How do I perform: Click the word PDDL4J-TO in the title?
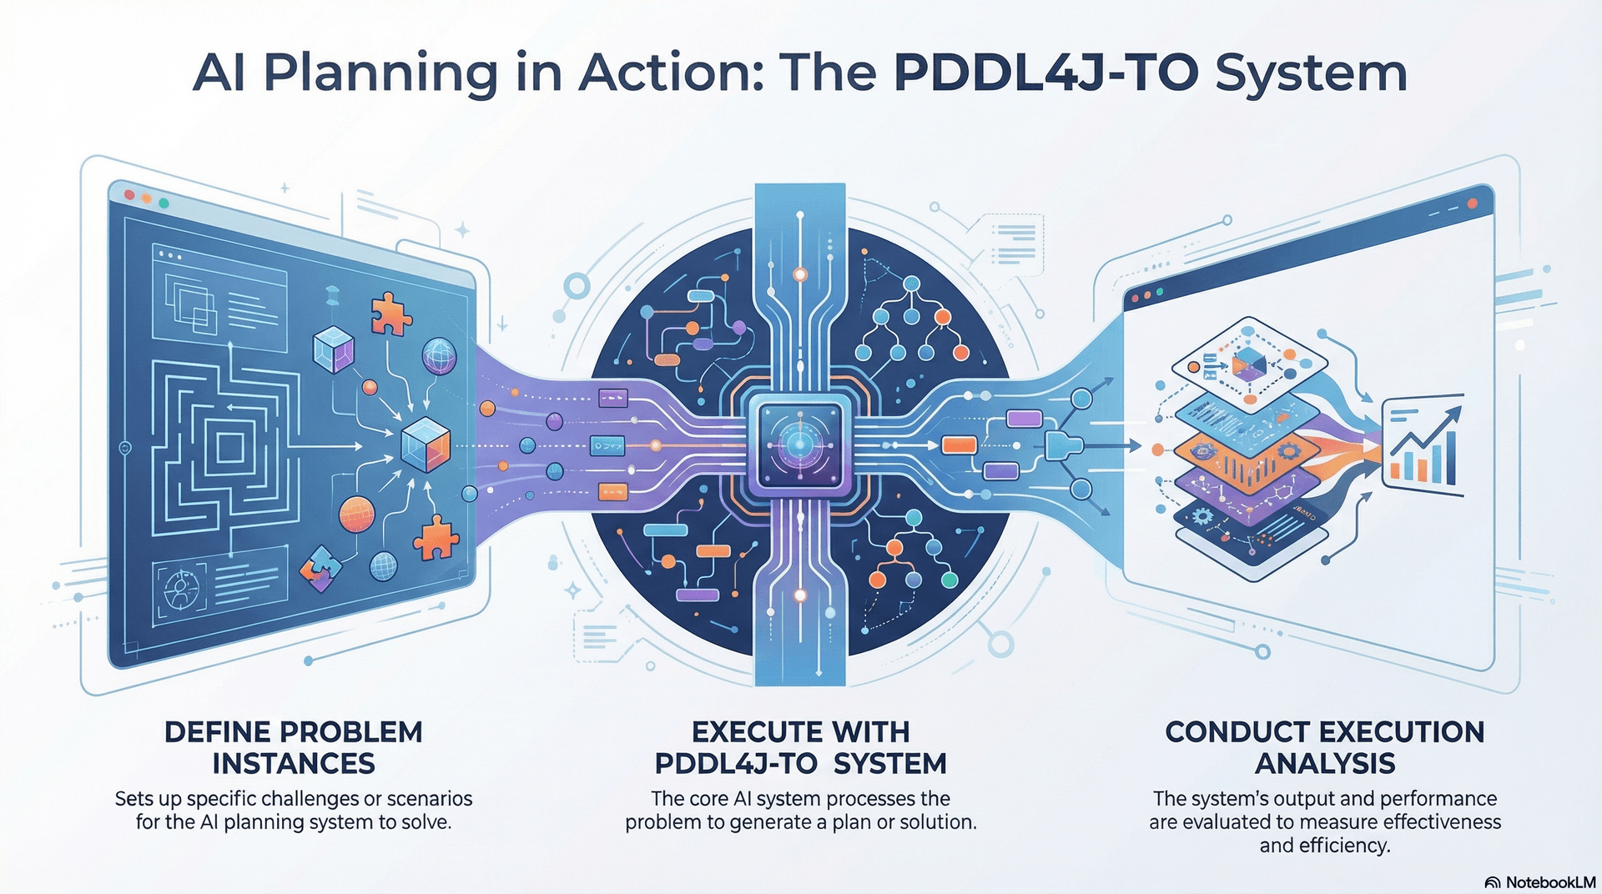(x=1045, y=73)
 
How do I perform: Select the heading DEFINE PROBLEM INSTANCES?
(x=294, y=747)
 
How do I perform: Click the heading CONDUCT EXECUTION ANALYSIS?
(x=1324, y=747)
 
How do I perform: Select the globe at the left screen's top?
(x=439, y=356)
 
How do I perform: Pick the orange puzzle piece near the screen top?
(x=390, y=314)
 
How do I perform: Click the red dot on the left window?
(x=129, y=194)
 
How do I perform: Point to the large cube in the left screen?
(x=426, y=444)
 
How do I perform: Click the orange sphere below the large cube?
(x=357, y=514)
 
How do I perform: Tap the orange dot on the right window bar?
(x=1473, y=203)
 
